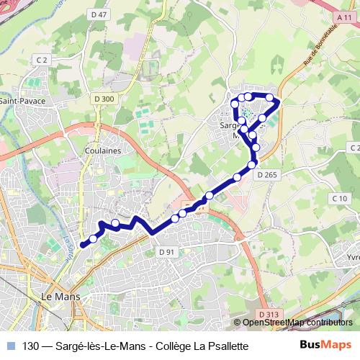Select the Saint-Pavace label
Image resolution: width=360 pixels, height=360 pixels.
(22, 101)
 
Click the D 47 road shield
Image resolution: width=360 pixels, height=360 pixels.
(100, 14)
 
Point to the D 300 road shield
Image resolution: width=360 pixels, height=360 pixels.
(104, 99)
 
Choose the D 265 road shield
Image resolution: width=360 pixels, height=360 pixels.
(266, 175)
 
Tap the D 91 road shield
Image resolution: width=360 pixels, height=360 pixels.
(166, 251)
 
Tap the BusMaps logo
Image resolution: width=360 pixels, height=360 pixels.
(325, 346)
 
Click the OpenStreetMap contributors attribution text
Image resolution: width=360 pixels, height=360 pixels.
(302, 323)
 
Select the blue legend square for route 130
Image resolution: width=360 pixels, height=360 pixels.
(10, 346)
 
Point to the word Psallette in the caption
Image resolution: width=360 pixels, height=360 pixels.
(226, 346)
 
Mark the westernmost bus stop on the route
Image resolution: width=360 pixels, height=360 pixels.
(93, 238)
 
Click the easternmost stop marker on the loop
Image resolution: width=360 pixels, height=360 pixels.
(270, 97)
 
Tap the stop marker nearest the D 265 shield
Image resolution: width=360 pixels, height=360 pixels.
(252, 165)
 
